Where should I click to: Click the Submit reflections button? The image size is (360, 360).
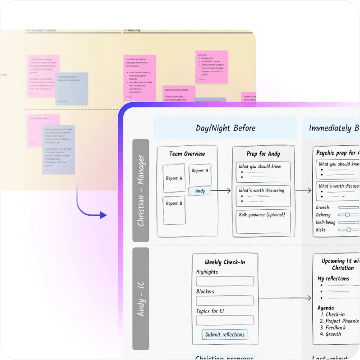[x=225, y=334]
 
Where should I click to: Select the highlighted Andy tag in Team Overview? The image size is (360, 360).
[x=200, y=191]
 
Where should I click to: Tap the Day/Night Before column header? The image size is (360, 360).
[x=226, y=128]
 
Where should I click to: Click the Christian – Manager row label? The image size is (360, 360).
[x=141, y=190]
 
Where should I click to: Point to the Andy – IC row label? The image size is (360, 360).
[x=141, y=298]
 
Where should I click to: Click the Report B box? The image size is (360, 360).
[x=174, y=210]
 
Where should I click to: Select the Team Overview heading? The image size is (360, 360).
[x=187, y=153]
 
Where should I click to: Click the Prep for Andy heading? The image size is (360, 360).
[x=264, y=153]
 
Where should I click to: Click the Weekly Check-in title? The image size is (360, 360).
[x=225, y=262]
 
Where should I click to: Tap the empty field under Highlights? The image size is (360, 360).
[x=225, y=281]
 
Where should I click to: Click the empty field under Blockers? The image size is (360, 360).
[x=225, y=300]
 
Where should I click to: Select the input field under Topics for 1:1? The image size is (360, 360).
[x=225, y=320]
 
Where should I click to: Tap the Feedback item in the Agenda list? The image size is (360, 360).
[x=336, y=328]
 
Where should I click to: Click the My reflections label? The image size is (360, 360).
[x=333, y=278]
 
